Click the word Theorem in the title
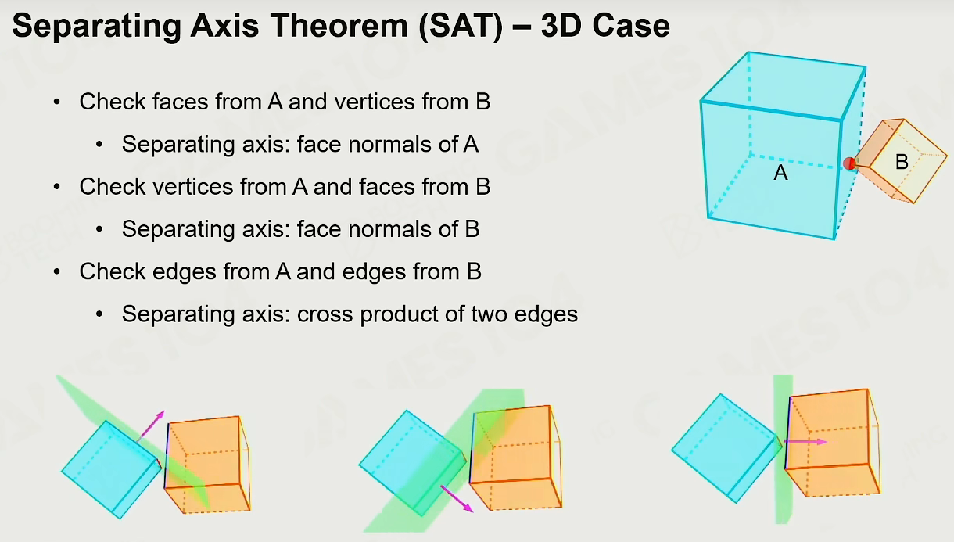pyautogui.click(x=339, y=26)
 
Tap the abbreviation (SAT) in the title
pyautogui.click(x=461, y=27)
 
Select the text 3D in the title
pyautogui.click(x=561, y=26)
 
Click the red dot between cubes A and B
pyautogui.click(x=849, y=163)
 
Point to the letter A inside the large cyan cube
pyautogui.click(x=780, y=173)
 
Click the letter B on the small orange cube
pyautogui.click(x=902, y=162)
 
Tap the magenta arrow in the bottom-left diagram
pyautogui.click(x=151, y=425)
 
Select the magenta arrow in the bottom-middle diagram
pyautogui.click(x=457, y=498)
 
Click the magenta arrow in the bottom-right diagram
pyautogui.click(x=805, y=442)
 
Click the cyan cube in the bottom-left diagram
pyautogui.click(x=112, y=469)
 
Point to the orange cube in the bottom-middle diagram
pyautogui.click(x=516, y=458)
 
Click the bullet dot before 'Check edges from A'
pyautogui.click(x=57, y=272)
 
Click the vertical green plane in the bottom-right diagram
pyautogui.click(x=783, y=449)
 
